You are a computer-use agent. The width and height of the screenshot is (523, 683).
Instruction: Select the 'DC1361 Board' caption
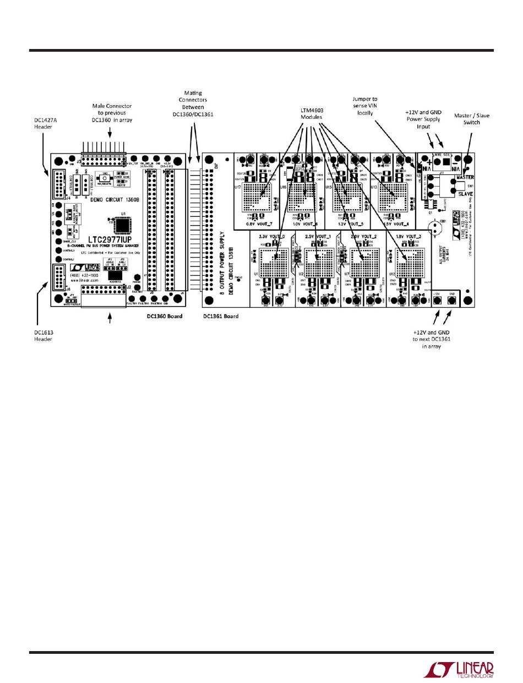click(220, 316)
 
